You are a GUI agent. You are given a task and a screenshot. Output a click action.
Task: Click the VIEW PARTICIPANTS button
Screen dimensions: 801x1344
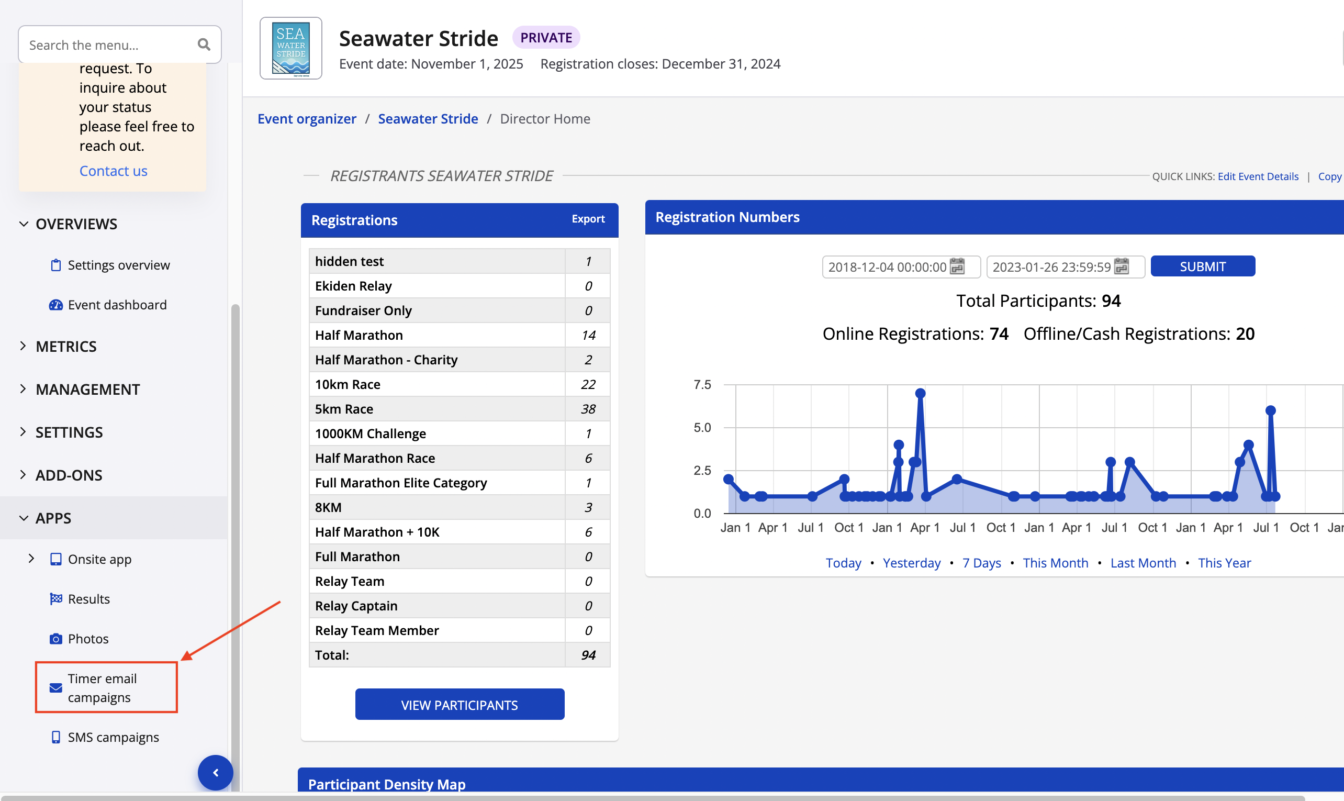pyautogui.click(x=459, y=704)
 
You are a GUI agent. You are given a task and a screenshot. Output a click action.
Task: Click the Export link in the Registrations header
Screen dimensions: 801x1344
pyautogui.click(x=588, y=219)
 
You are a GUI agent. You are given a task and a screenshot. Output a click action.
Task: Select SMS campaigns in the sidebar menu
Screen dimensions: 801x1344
pyautogui.click(x=113, y=737)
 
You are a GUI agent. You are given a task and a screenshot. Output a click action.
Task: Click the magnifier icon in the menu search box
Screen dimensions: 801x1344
pyautogui.click(x=204, y=45)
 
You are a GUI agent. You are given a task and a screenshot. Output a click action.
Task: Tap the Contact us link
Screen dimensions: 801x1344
pyautogui.click(x=113, y=171)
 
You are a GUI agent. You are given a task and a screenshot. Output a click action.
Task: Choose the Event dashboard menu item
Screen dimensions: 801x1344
pyautogui.click(x=117, y=305)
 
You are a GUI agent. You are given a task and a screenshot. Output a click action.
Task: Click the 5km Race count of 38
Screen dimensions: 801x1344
pyautogui.click(x=588, y=408)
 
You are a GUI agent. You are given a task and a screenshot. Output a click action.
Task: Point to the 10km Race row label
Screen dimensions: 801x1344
pyautogui.click(x=348, y=384)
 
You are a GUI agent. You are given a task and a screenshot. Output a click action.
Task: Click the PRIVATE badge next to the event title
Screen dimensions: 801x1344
pyautogui.click(x=545, y=38)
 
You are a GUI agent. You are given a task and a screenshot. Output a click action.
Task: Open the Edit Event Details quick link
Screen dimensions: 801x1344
pyautogui.click(x=1257, y=176)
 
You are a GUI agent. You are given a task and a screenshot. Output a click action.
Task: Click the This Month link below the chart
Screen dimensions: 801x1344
pyautogui.click(x=1055, y=562)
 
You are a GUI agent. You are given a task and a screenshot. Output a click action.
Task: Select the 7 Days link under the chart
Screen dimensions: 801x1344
pyautogui.click(x=981, y=562)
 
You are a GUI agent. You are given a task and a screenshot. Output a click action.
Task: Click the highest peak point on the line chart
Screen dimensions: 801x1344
pyautogui.click(x=920, y=394)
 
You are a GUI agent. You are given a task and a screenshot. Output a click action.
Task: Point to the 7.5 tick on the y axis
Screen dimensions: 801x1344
pyautogui.click(x=702, y=385)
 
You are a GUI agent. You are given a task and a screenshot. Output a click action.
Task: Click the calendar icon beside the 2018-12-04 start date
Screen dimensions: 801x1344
pyautogui.click(x=957, y=266)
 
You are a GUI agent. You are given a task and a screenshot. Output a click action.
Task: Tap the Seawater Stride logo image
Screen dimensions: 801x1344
pyautogui.click(x=291, y=49)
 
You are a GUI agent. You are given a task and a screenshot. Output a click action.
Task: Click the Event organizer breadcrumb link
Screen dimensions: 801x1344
pyautogui.click(x=307, y=119)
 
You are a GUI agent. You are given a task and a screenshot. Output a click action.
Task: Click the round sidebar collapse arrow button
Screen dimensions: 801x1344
pyautogui.click(x=215, y=772)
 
